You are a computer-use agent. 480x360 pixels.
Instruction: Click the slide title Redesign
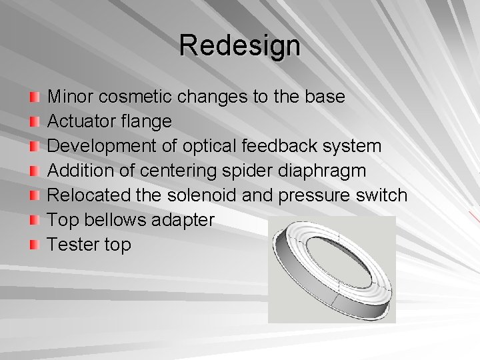pyautogui.click(x=239, y=46)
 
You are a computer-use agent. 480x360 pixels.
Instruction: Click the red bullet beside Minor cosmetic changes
pyautogui.click(x=34, y=97)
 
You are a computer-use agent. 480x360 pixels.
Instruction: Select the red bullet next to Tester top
pyautogui.click(x=34, y=245)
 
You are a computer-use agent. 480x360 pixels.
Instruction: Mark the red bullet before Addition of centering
pyautogui.click(x=34, y=171)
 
